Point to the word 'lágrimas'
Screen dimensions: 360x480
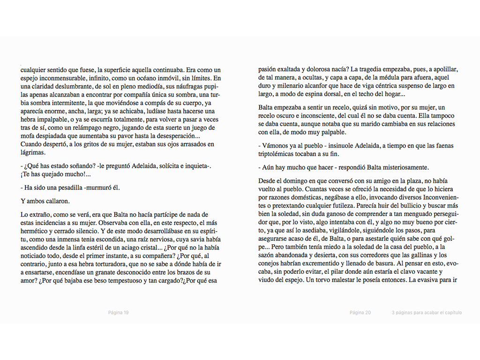tap(33, 153)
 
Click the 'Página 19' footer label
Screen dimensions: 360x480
tap(118, 313)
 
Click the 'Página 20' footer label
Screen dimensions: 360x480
tap(360, 313)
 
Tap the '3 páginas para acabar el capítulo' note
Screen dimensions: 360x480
tap(427, 313)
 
